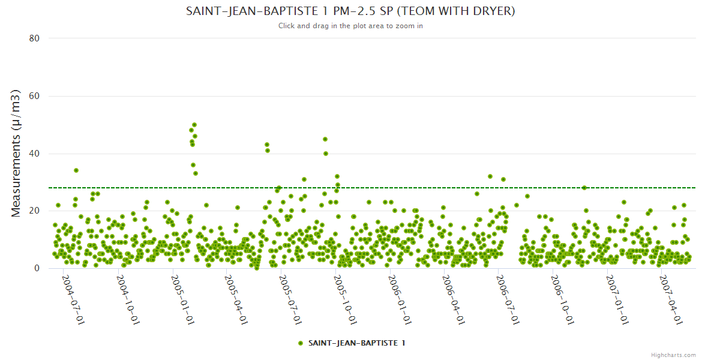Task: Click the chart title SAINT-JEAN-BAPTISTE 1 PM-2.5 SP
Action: coord(350,11)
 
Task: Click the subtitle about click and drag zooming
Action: coord(350,26)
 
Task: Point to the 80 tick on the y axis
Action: coord(34,38)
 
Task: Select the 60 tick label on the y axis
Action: coord(34,96)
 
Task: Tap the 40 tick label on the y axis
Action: coord(34,154)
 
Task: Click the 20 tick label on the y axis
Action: coord(34,211)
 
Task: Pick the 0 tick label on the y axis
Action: coord(37,268)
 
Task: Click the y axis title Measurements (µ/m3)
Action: coord(16,153)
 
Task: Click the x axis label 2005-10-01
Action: coord(346,300)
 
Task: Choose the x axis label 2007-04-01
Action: coord(670,300)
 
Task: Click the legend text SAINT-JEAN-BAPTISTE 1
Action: coord(356,343)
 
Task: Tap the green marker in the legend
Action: coord(301,343)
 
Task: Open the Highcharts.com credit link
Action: coord(674,355)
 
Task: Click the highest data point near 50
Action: coord(194,125)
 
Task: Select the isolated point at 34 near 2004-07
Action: coord(76,170)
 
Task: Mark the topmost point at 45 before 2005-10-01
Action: coord(325,139)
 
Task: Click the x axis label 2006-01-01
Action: coord(400,300)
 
